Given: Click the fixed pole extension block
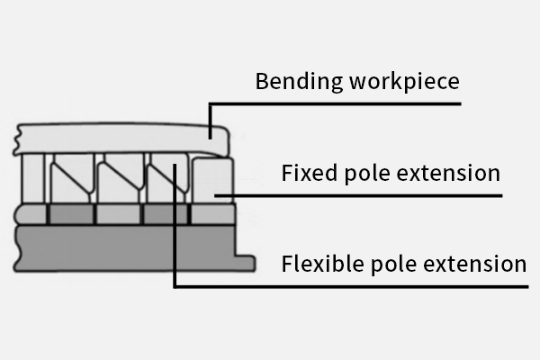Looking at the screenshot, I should [213, 178].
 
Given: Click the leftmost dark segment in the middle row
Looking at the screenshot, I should [69, 214].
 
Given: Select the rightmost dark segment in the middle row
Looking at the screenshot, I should [166, 214].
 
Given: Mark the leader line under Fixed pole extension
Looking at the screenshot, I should [360, 194].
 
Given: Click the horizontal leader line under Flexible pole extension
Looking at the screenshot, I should [351, 286].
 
